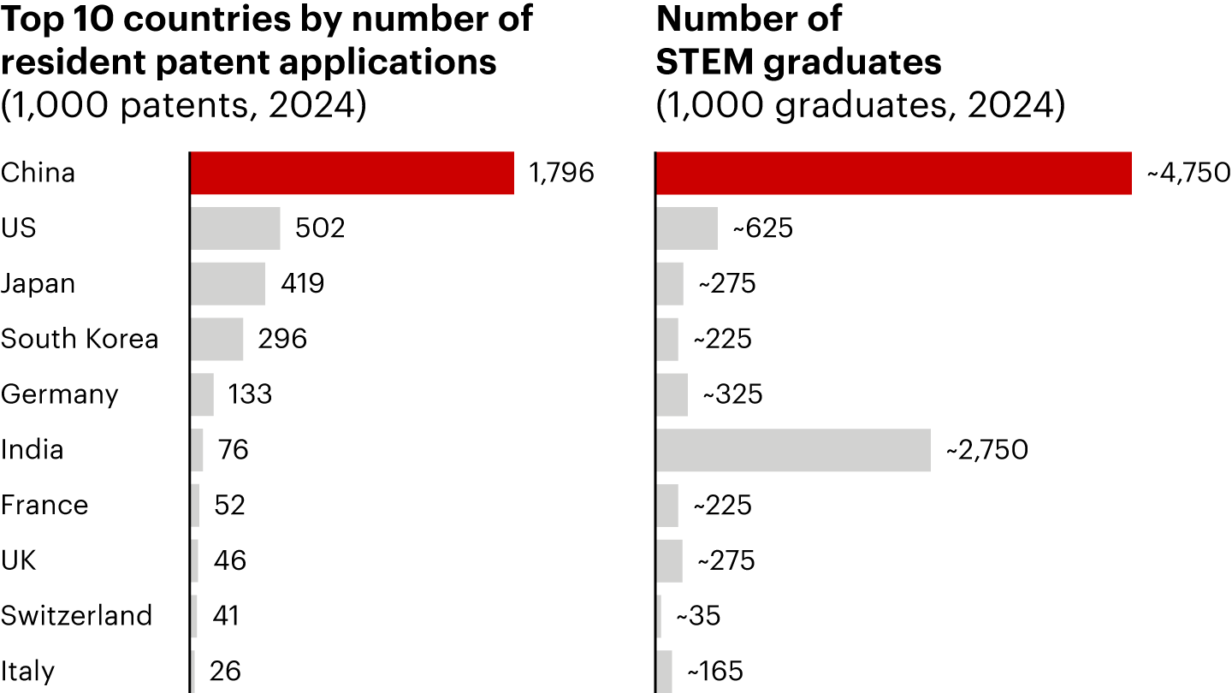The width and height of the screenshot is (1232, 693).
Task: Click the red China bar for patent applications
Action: [352, 173]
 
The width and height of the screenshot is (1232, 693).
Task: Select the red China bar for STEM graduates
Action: [894, 173]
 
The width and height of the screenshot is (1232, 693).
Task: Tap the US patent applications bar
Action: [235, 228]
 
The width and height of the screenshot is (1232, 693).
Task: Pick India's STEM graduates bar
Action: [794, 450]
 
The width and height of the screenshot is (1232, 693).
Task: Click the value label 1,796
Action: [561, 173]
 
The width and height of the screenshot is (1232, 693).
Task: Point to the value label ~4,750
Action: [1188, 173]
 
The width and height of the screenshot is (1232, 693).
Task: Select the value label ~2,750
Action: [986, 450]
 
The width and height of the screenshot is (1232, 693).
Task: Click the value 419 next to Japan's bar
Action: [303, 283]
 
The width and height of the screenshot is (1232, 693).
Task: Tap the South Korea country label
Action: [80, 339]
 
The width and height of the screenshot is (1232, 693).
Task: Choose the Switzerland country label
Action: [76, 615]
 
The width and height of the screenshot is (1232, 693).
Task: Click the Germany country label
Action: [59, 395]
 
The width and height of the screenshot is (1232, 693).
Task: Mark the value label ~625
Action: [763, 228]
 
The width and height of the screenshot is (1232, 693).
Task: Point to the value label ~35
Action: [698, 615]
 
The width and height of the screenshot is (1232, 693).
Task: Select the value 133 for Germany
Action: [250, 394]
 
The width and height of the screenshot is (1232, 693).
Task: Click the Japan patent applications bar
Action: [228, 284]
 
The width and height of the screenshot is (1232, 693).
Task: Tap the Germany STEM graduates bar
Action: [672, 395]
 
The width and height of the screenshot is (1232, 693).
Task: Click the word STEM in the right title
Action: [705, 62]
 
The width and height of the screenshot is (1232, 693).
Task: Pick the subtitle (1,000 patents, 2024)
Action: [184, 105]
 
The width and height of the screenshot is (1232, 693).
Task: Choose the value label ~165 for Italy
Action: [715, 671]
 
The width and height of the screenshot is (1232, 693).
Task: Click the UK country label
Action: [18, 560]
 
